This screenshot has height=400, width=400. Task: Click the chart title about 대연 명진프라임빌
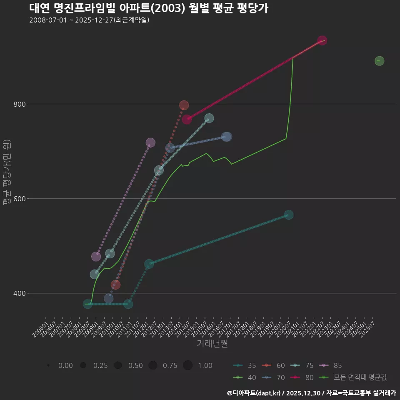tap(149, 8)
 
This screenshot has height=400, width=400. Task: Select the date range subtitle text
tap(89, 20)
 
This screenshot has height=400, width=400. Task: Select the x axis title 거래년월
tap(212, 344)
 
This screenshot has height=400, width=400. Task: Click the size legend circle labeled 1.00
tap(188, 365)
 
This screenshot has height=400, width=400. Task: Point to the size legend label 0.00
tap(65, 365)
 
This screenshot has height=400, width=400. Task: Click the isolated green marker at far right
tap(379, 61)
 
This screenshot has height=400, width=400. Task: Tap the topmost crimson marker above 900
tap(322, 40)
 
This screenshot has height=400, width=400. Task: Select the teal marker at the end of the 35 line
tap(288, 215)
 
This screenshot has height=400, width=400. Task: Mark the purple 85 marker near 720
tap(150, 142)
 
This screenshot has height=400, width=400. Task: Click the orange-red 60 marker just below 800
tap(184, 105)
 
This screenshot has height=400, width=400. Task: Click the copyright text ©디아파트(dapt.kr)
tap(255, 393)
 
